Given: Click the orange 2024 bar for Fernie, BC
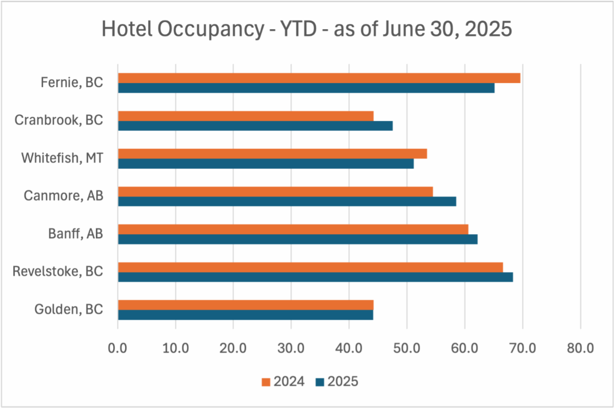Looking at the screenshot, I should click(x=319, y=78).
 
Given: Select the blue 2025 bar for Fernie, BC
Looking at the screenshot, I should click(x=306, y=88).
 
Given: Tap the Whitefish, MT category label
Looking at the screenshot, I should click(x=62, y=158).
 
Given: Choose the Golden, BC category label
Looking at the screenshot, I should click(x=69, y=310).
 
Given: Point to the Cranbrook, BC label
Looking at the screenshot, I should click(x=58, y=120).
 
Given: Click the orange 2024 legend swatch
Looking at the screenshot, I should click(x=265, y=382).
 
